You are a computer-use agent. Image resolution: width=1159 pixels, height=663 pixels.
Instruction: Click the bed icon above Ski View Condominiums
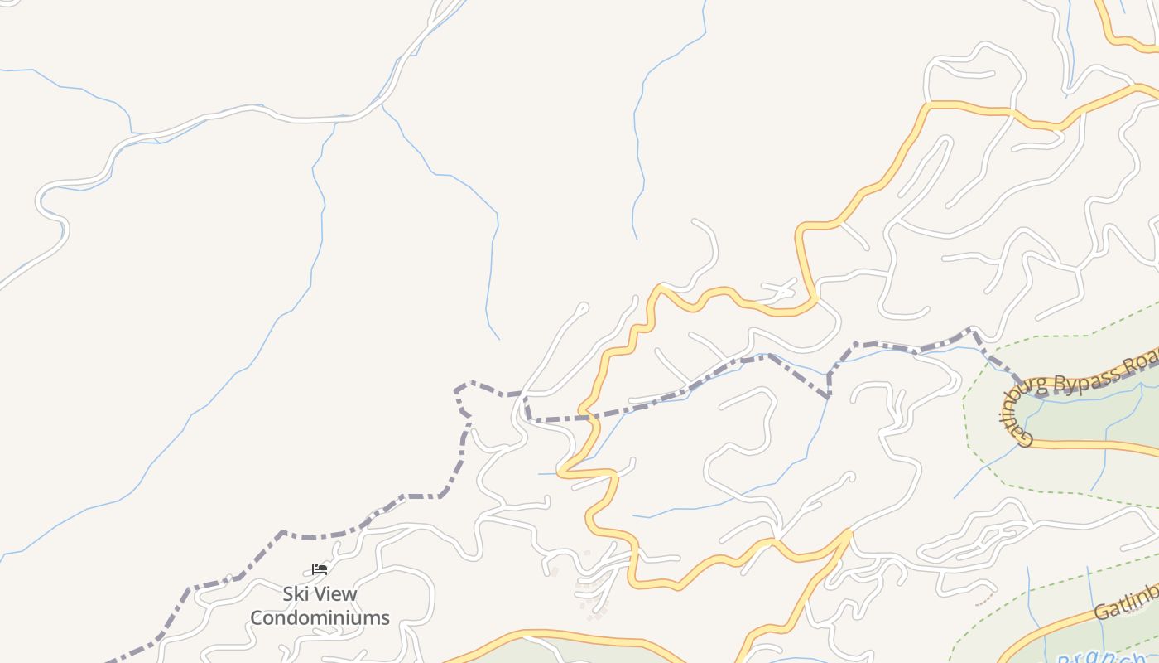point(320,569)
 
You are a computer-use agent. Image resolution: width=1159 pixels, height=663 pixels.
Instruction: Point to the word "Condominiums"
point(320,617)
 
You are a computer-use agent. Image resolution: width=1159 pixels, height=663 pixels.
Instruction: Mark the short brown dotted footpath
point(983,598)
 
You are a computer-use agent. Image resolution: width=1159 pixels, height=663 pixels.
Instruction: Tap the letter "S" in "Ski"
point(288,594)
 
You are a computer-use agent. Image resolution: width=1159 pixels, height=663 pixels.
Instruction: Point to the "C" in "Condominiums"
point(257,617)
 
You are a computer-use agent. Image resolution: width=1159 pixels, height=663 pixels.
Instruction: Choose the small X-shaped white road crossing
point(782,290)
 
